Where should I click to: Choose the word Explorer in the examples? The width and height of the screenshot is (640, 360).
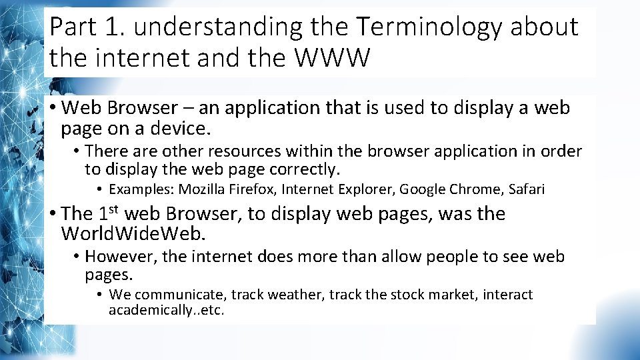click(x=368, y=189)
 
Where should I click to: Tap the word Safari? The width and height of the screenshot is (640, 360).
click(x=527, y=189)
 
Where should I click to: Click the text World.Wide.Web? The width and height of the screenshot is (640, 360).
click(x=133, y=234)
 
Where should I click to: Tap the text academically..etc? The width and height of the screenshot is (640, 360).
click(x=167, y=310)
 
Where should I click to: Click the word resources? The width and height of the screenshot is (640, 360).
click(x=239, y=151)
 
